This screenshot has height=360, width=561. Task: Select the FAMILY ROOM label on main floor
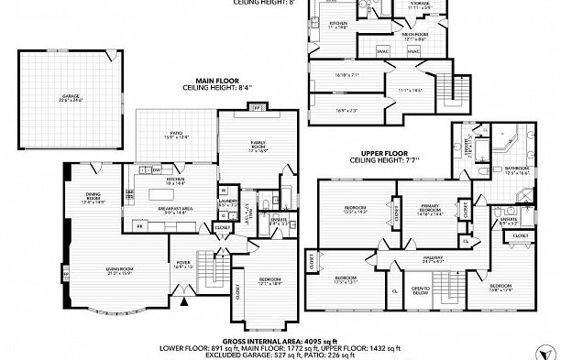click(x=258, y=145)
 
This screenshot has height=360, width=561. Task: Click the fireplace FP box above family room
click(x=257, y=107)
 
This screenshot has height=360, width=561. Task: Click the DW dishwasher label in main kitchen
click(x=157, y=169)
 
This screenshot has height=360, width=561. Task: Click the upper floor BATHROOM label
click(x=518, y=169)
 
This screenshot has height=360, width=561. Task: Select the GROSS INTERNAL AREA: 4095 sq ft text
click(x=280, y=339)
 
